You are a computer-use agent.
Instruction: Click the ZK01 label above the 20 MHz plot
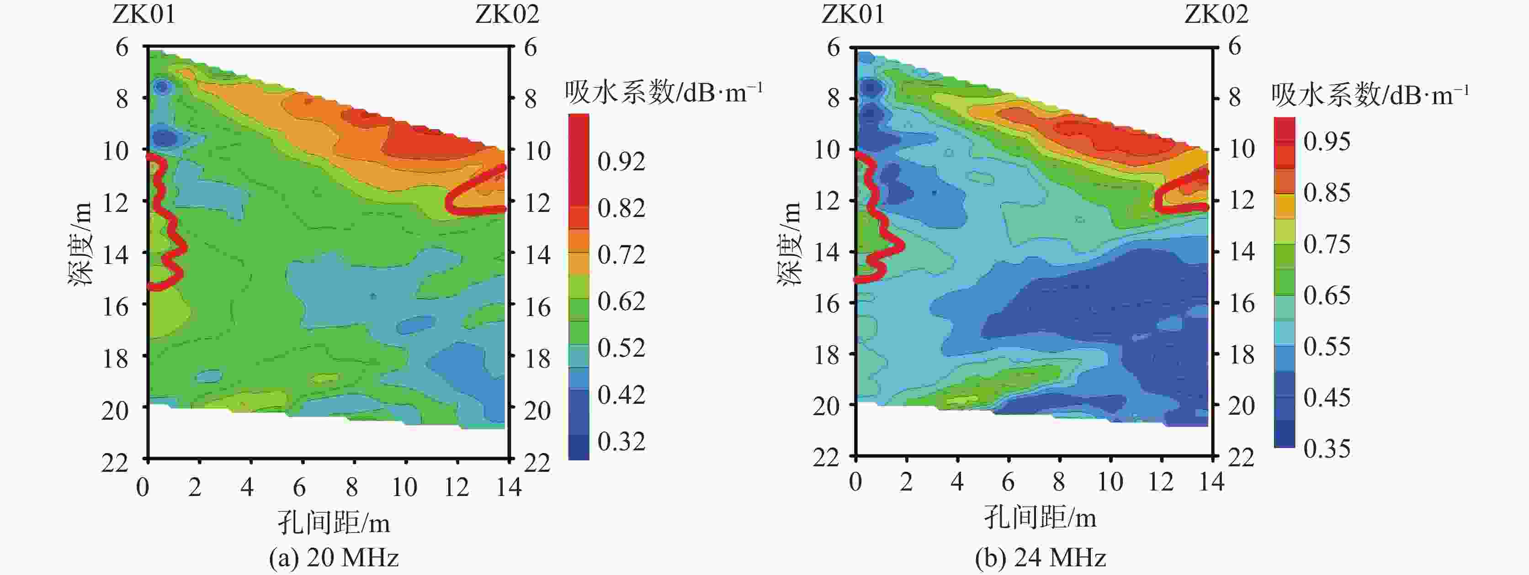[x=144, y=14]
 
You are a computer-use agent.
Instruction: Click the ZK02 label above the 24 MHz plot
[x=1216, y=14]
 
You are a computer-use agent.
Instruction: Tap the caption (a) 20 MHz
[x=334, y=558]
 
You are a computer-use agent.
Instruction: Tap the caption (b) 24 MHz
[x=1041, y=558]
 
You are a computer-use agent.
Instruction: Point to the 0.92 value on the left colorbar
[x=621, y=161]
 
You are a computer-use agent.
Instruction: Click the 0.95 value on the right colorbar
[x=1327, y=141]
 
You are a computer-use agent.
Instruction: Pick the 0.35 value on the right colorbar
[x=1327, y=448]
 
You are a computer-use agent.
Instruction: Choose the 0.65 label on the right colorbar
[x=1327, y=295]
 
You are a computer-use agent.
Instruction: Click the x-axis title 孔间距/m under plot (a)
[x=334, y=523]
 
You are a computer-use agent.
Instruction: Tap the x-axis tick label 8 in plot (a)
[x=352, y=488]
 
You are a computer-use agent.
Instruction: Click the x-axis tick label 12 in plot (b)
[x=1160, y=482]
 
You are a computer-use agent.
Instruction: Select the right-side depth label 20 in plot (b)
[x=1241, y=406]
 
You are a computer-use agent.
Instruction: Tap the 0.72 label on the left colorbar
[x=621, y=254]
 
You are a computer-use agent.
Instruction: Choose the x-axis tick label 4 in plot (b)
[x=957, y=482]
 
